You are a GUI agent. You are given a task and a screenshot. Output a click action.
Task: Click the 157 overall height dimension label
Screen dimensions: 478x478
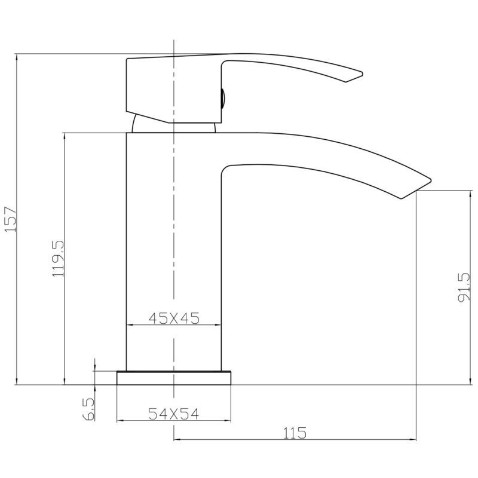pyautogui.click(x=10, y=219)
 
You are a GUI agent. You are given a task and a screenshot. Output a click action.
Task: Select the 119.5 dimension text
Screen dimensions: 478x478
pyautogui.click(x=58, y=258)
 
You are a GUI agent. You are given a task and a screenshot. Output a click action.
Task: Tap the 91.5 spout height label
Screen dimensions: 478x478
pyautogui.click(x=465, y=287)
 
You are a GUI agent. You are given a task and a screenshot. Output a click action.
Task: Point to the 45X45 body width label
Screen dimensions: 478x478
pyautogui.click(x=174, y=318)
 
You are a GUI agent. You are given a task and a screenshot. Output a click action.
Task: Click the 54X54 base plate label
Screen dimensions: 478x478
pyautogui.click(x=173, y=413)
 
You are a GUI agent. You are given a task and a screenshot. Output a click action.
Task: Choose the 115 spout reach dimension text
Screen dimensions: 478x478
pyautogui.click(x=295, y=433)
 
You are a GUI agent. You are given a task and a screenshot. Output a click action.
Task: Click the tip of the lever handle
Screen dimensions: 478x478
pyautogui.click(x=361, y=73)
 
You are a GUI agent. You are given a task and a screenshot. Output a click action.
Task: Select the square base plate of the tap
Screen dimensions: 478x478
pyautogui.click(x=174, y=378)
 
